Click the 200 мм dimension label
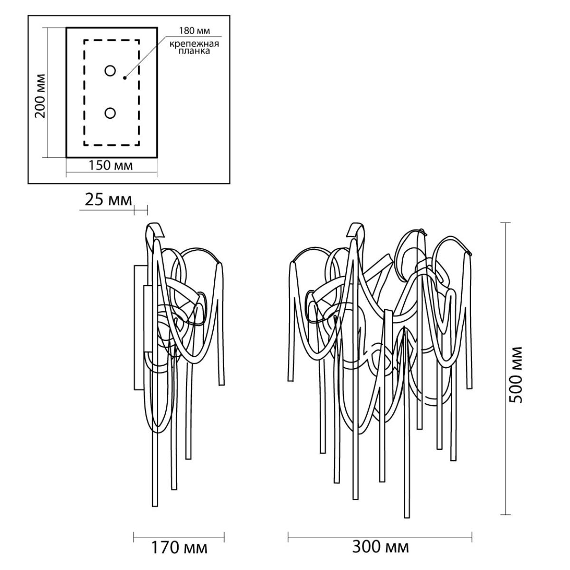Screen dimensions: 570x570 click(40, 96)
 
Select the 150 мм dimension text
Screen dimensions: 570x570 click(111, 166)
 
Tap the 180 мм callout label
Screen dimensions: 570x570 click(194, 31)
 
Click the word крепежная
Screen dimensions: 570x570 click(194, 44)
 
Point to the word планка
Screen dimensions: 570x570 click(194, 51)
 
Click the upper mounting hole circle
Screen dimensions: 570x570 click(110, 71)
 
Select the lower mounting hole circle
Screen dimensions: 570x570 click(110, 114)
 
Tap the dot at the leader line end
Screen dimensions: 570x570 click(125, 78)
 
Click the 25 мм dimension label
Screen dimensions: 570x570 click(108, 200)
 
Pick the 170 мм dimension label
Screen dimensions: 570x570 click(179, 547)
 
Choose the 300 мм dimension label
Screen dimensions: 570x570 click(380, 547)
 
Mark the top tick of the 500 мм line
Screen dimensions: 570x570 click(505, 223)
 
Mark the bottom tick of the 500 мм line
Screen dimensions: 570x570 click(505, 514)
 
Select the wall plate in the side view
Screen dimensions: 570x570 click(140, 327)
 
